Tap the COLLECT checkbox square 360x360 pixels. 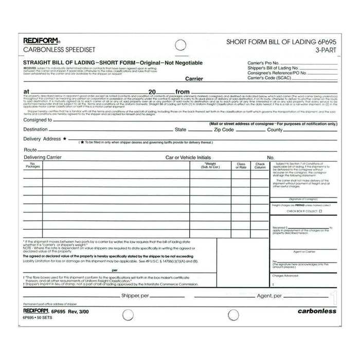pos(320,211)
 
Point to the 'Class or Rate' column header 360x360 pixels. pos(241,166)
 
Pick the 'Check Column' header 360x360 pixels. pos(260,166)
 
